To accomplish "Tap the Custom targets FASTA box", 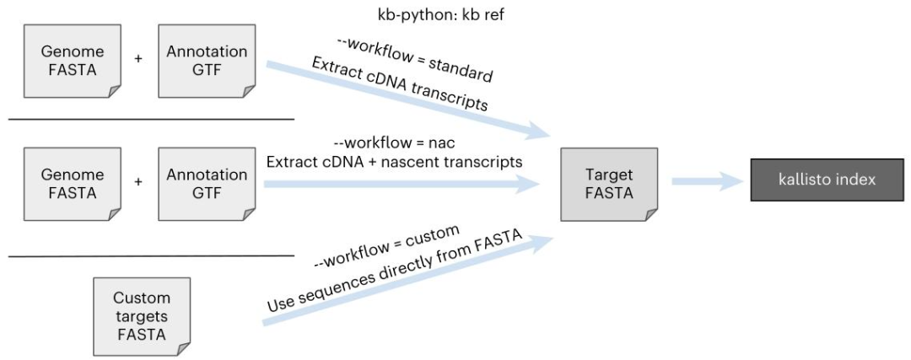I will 141,316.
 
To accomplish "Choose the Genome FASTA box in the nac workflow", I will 72,183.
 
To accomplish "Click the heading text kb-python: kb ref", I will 441,14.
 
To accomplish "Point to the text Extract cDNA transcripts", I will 400,85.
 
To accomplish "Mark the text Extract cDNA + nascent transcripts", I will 394,162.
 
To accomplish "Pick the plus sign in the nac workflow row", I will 138,182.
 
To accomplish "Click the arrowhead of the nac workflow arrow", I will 530,183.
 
